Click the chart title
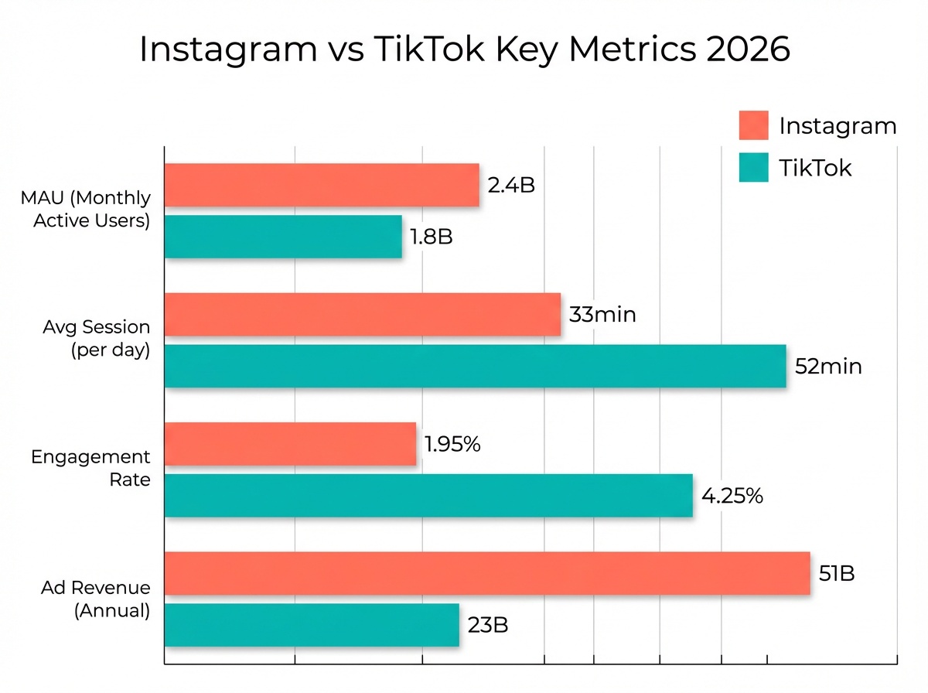[x=464, y=50]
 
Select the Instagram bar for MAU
[x=322, y=186]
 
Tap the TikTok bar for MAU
[x=283, y=237]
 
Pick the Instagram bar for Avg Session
[x=363, y=315]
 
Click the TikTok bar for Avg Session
[x=475, y=366]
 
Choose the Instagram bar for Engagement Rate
[x=290, y=444]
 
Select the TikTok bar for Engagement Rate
[x=428, y=495]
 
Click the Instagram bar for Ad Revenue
[x=487, y=573]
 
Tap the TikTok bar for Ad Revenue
[x=312, y=625]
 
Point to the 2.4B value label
[x=511, y=186]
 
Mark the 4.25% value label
[x=732, y=495]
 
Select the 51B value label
[x=836, y=573]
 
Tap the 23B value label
[x=487, y=625]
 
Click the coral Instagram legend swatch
[x=753, y=125]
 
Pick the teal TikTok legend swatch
[x=753, y=167]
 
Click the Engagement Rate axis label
[x=90, y=468]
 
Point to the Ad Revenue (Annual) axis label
[x=95, y=599]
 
